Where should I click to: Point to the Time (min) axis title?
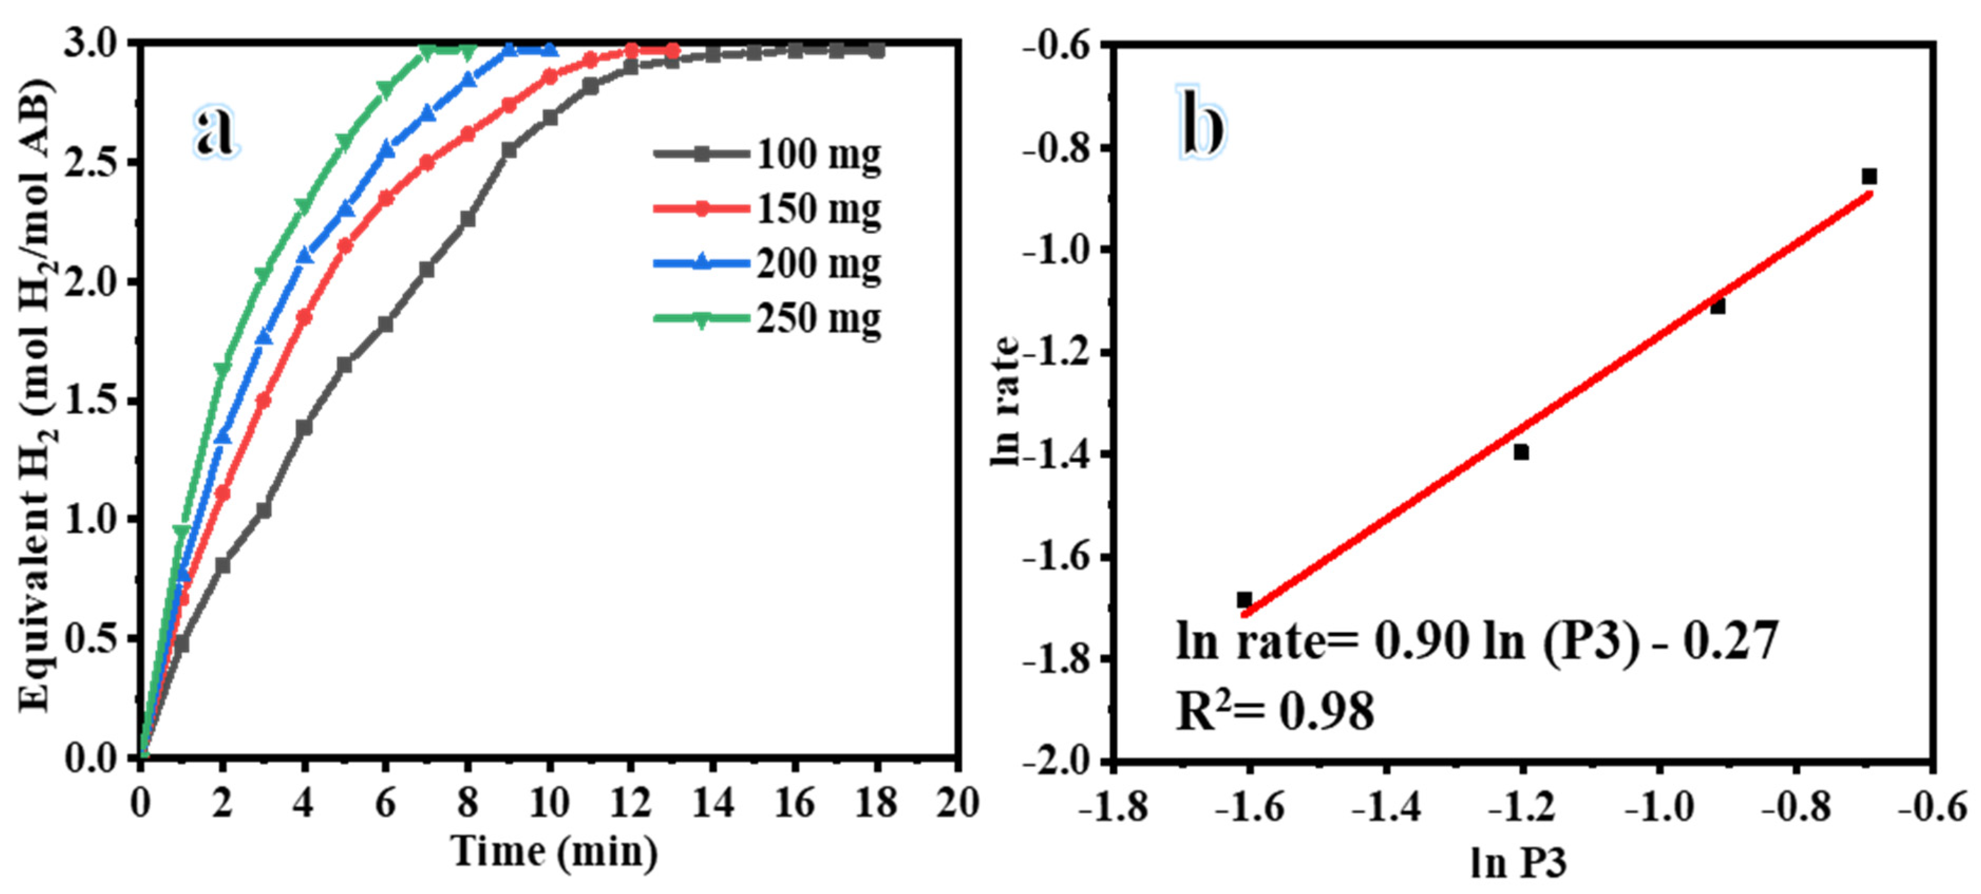click(554, 852)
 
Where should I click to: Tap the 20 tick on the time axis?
click(958, 803)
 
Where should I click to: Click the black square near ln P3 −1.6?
click(1244, 600)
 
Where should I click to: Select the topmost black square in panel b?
click(1870, 177)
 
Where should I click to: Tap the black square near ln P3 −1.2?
click(1521, 452)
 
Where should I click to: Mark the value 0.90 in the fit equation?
click(1421, 640)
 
